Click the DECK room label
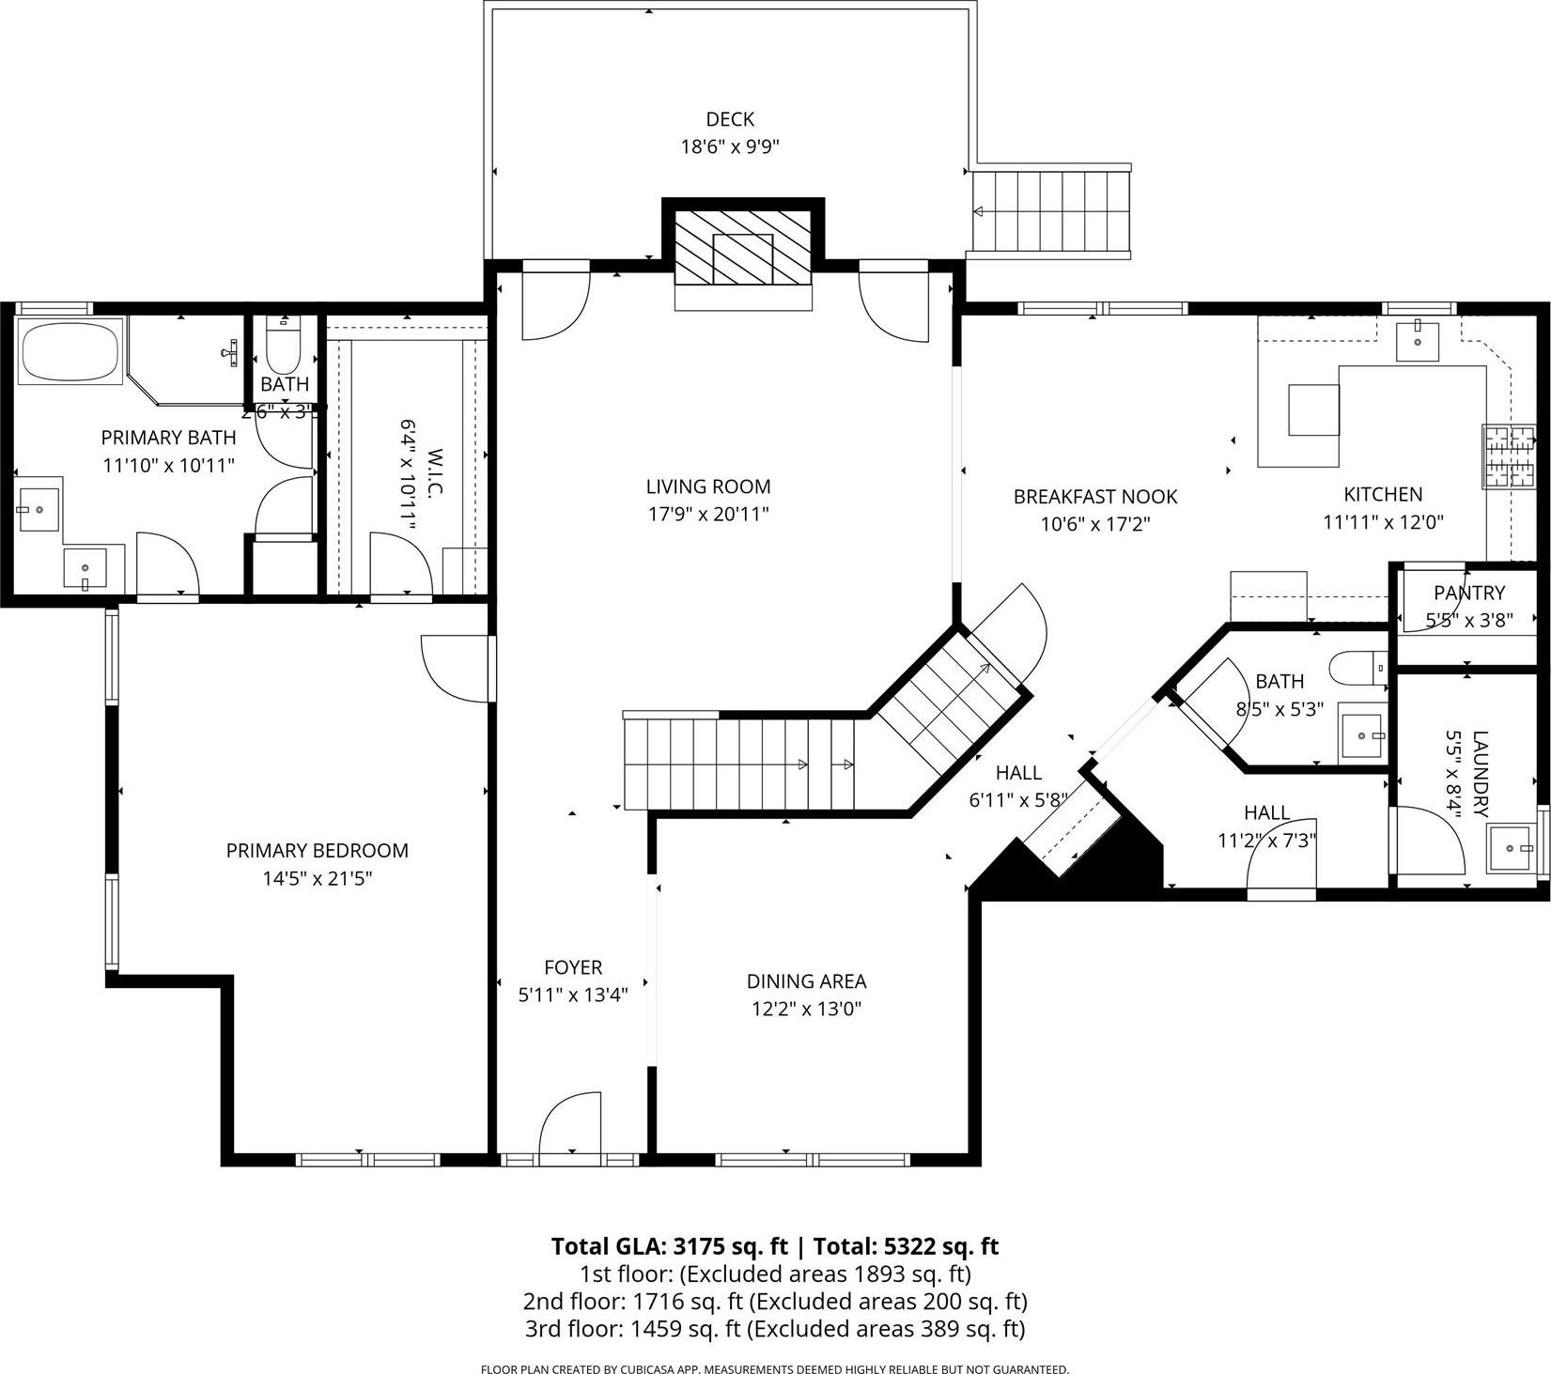point(730,119)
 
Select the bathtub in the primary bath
point(70,351)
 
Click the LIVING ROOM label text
point(708,486)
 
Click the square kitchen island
point(1313,409)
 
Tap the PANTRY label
point(1469,593)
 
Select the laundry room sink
point(1512,847)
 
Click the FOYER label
point(573,967)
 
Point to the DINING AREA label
point(806,981)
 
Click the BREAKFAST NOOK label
point(1095,496)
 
